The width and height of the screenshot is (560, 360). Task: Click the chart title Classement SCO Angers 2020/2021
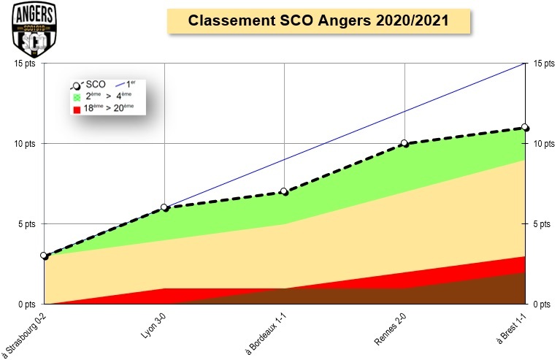click(318, 21)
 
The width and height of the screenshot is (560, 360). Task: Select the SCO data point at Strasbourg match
click(44, 256)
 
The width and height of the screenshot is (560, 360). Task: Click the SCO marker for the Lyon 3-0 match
click(164, 207)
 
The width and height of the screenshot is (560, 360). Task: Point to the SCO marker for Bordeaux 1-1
click(284, 191)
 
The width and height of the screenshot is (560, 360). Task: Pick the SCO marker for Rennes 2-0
click(404, 143)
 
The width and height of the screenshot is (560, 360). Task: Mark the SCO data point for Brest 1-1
click(524, 127)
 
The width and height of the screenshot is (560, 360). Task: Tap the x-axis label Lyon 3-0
click(154, 322)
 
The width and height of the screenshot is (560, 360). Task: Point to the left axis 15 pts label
click(23, 64)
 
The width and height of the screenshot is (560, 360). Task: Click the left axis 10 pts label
click(23, 144)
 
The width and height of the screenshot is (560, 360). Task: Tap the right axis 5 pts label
click(541, 223)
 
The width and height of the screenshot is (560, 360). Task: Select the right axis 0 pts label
click(541, 304)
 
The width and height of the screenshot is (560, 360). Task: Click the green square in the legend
click(75, 96)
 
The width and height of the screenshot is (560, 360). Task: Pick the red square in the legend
click(75, 109)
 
